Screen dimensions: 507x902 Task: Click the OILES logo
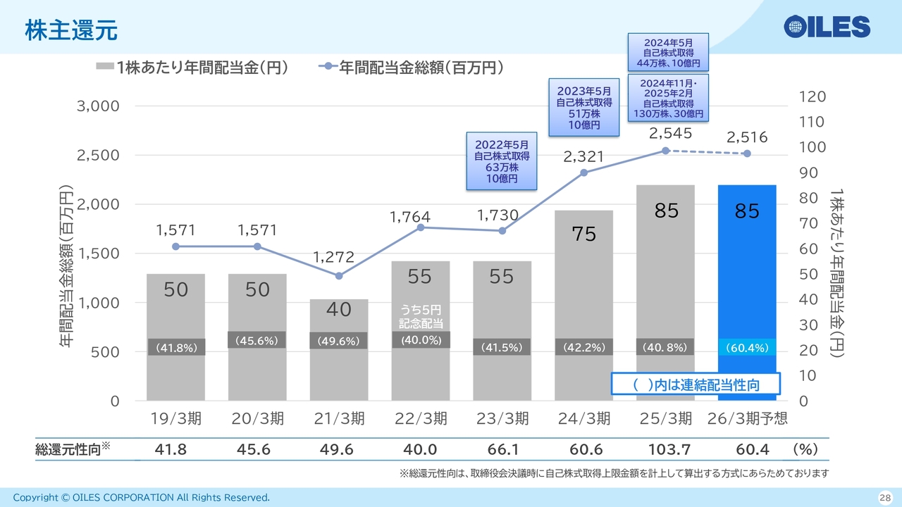point(827,27)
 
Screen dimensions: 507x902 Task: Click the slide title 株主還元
point(70,30)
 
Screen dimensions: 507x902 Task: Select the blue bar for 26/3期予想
point(746,282)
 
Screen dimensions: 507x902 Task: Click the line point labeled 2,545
point(665,151)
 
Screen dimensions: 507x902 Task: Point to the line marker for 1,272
point(339,276)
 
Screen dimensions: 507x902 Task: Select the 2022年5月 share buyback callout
point(502,161)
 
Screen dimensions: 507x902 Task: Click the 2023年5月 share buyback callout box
point(583,108)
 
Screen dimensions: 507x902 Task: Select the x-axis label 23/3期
point(502,419)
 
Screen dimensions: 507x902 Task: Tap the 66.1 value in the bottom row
point(502,450)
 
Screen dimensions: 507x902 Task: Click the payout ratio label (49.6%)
point(339,342)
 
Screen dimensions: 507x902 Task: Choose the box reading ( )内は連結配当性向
point(696,384)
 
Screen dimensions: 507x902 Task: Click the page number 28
point(884,498)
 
